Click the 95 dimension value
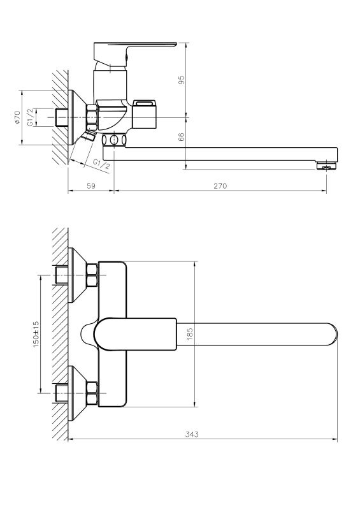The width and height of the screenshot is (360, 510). click(x=182, y=80)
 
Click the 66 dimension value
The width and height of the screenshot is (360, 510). click(x=182, y=136)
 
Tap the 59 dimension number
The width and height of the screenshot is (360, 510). click(x=91, y=186)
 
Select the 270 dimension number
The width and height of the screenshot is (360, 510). click(x=220, y=186)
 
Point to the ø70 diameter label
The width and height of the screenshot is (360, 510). click(x=17, y=117)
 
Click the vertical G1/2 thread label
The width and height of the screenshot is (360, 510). click(x=30, y=117)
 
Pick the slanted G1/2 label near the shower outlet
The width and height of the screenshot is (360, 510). click(x=101, y=164)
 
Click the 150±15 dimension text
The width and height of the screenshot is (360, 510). click(x=36, y=334)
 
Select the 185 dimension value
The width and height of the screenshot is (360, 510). click(x=191, y=334)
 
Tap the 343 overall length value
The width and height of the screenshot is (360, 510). click(x=192, y=434)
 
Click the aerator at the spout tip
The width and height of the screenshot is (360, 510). click(x=326, y=165)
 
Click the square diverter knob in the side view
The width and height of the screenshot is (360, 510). click(x=145, y=114)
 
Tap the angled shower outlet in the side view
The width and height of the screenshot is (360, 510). click(x=89, y=136)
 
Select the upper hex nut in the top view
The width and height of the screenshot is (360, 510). click(x=92, y=275)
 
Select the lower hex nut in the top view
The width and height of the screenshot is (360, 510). click(x=92, y=393)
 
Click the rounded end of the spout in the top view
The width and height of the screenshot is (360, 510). click(x=333, y=334)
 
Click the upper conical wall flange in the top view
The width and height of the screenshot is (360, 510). click(x=77, y=275)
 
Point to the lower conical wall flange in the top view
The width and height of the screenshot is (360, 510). click(x=77, y=393)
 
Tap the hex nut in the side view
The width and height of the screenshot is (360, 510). click(x=92, y=117)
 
